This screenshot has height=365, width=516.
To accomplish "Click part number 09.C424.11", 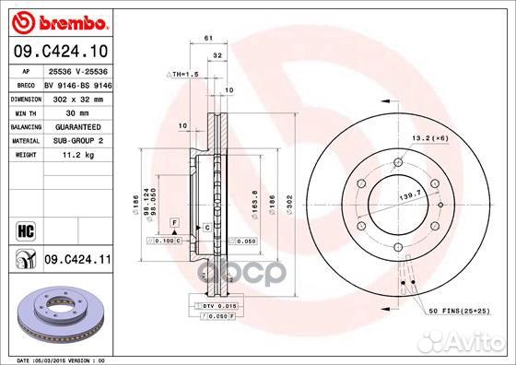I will [x=76, y=262].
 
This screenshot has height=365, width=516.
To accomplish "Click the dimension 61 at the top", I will [x=208, y=38].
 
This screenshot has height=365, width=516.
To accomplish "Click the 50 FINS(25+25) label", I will [x=461, y=311].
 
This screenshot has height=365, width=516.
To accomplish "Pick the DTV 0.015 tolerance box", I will [x=218, y=304].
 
